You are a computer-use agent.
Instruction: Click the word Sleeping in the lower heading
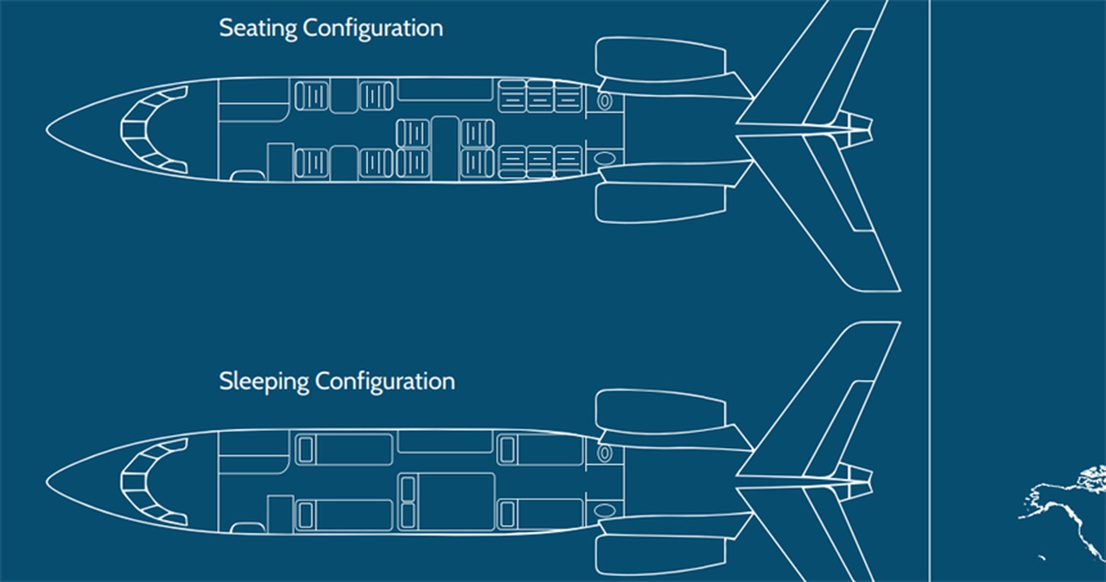point(263,381)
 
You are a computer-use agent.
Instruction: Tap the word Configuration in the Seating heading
point(372,28)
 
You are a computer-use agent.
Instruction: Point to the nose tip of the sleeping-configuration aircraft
point(48,483)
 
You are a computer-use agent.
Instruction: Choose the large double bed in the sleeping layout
point(456,502)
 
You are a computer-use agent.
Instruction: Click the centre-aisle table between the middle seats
point(445,147)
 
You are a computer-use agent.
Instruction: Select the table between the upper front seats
point(343,96)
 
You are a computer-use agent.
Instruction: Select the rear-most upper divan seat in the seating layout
point(568,96)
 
